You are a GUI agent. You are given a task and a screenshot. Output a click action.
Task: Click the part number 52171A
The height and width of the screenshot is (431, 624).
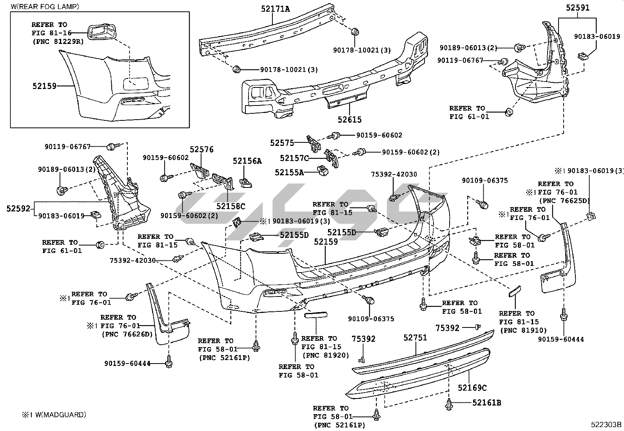pos(276,8)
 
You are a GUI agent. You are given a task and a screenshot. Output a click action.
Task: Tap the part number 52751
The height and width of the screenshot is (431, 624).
pos(415,338)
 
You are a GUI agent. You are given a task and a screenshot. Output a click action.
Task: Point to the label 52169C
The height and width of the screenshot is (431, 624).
pos(472,388)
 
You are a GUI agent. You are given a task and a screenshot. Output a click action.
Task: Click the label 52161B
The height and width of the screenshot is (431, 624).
pos(486,402)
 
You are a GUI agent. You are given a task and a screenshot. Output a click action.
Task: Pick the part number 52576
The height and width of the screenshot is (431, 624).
pos(202,149)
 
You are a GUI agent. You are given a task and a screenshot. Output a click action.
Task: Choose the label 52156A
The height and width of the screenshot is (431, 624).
pos(247,161)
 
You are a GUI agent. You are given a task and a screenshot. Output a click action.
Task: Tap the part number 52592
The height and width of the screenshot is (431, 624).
pos(18,208)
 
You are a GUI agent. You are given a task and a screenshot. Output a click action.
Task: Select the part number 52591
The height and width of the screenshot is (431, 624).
pos(577,8)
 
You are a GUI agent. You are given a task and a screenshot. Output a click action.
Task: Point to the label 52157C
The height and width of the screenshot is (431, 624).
pos(294,158)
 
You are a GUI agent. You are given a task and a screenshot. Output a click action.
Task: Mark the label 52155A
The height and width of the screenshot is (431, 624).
pos(289,172)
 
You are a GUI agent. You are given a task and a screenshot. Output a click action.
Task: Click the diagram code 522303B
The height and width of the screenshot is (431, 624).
pos(606,425)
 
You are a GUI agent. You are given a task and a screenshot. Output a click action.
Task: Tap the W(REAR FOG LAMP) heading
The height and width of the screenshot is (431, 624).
pos(45,6)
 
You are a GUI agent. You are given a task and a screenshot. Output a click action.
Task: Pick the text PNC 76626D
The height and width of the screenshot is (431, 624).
pos(127,334)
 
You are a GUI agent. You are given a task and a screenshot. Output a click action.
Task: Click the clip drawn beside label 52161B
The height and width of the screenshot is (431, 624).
pos(449,403)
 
